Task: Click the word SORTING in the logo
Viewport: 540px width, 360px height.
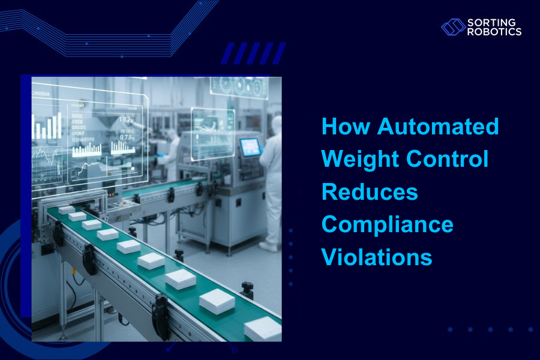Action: (487, 23)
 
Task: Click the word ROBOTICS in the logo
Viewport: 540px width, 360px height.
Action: (494, 32)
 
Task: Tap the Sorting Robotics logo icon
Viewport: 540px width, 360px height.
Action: (453, 27)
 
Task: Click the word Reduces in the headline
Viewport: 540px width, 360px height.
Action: (370, 192)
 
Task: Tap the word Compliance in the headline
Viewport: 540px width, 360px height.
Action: (388, 225)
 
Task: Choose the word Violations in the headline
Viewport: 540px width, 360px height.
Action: (377, 257)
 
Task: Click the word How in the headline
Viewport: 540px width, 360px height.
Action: (346, 127)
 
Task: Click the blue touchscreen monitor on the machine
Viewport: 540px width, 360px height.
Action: (250, 147)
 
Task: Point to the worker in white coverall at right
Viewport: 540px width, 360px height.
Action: (271, 180)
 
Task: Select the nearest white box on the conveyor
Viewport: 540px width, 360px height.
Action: (263, 328)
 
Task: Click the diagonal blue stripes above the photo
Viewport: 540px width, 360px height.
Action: (253, 53)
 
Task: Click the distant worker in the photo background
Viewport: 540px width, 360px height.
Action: (171, 150)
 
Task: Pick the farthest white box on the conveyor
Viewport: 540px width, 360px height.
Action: (65, 210)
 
